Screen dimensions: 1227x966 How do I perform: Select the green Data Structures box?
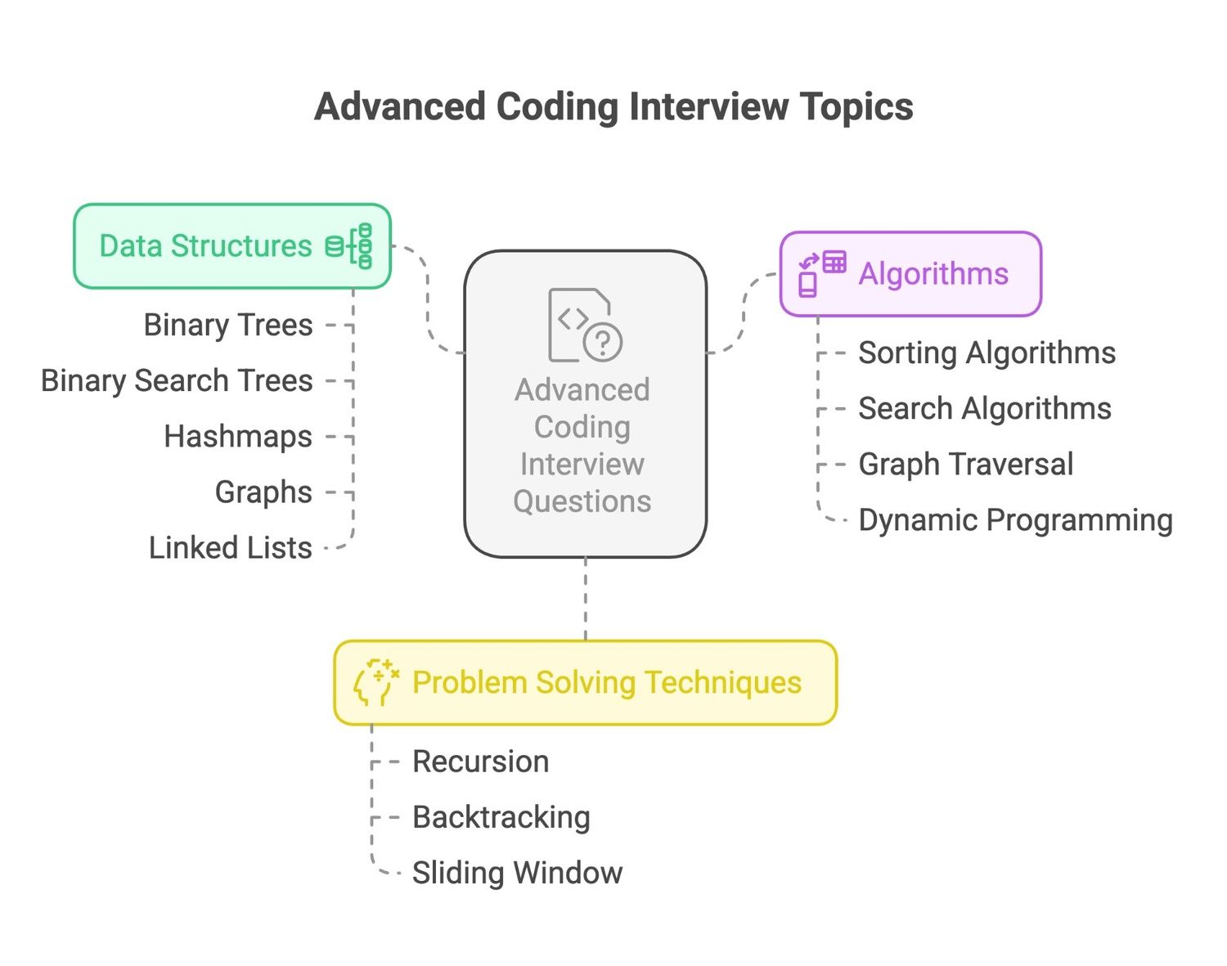coord(232,245)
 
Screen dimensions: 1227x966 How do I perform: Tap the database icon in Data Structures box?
coord(349,245)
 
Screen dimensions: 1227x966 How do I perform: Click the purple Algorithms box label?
coord(933,273)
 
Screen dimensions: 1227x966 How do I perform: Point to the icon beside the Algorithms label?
coord(821,274)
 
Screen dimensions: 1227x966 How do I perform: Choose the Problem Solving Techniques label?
coord(607,683)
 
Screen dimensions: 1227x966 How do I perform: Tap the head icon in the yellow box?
coord(375,683)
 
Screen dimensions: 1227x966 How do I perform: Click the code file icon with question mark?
coord(585,325)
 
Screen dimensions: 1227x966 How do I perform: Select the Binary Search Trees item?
coord(177,381)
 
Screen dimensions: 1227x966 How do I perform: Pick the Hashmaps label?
coord(238,437)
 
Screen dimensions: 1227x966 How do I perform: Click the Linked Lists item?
coord(231,547)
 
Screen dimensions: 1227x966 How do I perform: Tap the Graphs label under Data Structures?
coord(263,492)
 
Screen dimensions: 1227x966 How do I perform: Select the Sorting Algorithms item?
coord(987,353)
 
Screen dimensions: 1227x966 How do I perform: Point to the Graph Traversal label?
coord(966,464)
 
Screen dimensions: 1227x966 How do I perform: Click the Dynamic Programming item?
coord(1015,520)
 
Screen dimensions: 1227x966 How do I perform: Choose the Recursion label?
coord(481,762)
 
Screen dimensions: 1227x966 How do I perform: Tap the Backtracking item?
coord(501,817)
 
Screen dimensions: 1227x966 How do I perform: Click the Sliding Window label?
coord(517,873)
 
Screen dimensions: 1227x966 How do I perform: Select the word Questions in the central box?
coord(582,502)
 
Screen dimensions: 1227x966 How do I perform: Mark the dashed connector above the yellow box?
coord(586,599)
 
